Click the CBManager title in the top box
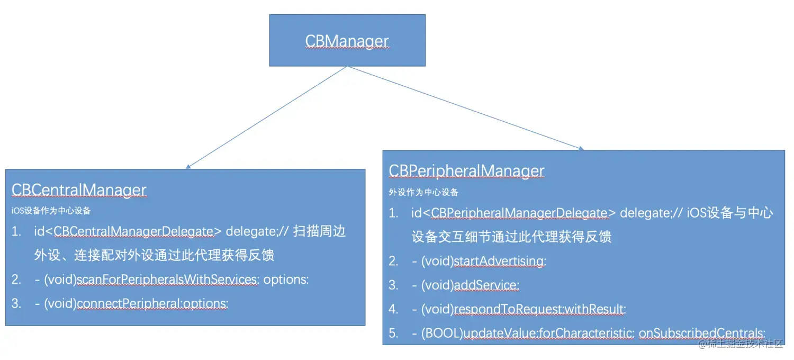pyautogui.click(x=347, y=41)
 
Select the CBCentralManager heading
pyautogui.click(x=79, y=190)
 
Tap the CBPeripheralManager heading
pyautogui.click(x=466, y=170)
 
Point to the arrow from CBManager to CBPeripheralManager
pyautogui.click(x=466, y=108)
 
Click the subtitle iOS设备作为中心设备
pyautogui.click(x=51, y=211)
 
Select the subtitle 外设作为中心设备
pyautogui.click(x=423, y=192)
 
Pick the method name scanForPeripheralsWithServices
pyautogui.click(x=168, y=279)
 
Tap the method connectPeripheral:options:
pyautogui.click(x=153, y=303)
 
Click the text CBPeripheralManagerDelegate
pyautogui.click(x=519, y=213)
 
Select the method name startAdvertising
pyautogui.click(x=499, y=261)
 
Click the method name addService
pyautogui.click(x=486, y=285)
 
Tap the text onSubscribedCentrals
pyautogui.click(x=701, y=333)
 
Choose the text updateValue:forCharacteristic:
pyautogui.click(x=549, y=333)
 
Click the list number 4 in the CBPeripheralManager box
pyautogui.click(x=393, y=309)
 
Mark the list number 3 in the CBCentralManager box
pyautogui.click(x=16, y=303)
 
